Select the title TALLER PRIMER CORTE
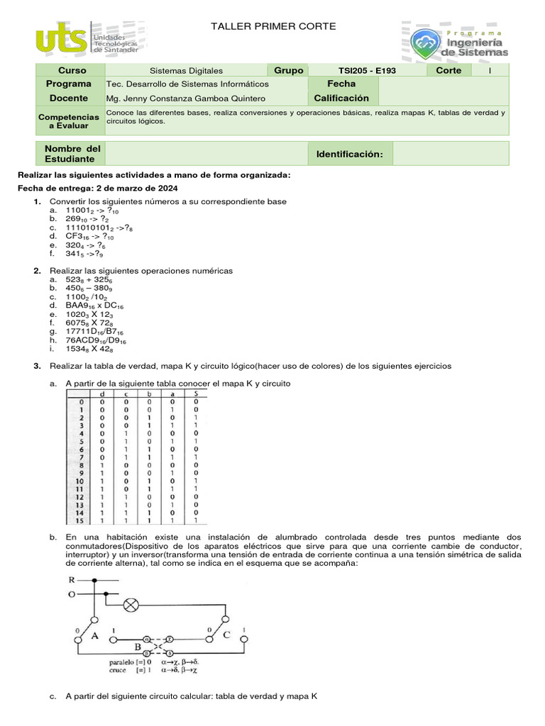(x=274, y=27)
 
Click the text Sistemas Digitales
(x=187, y=71)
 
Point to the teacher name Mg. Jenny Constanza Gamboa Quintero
(x=185, y=99)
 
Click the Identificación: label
(x=349, y=154)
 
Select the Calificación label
(x=342, y=99)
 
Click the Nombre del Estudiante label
(x=70, y=154)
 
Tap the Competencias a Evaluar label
(x=68, y=121)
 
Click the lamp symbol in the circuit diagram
(x=131, y=605)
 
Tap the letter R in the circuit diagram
(x=72, y=581)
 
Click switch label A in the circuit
(x=94, y=637)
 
